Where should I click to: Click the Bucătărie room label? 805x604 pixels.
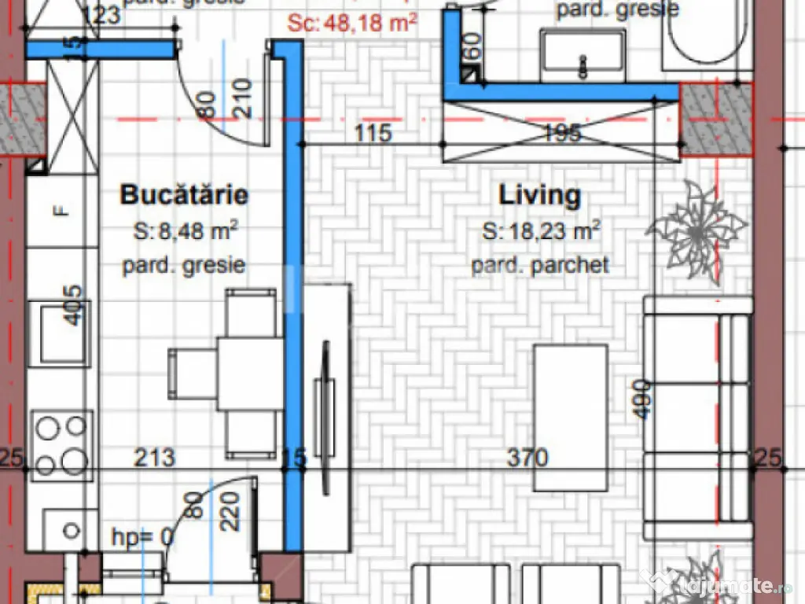pyautogui.click(x=184, y=195)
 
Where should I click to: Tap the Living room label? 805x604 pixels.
pyautogui.click(x=540, y=195)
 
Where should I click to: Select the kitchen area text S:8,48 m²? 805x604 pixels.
pyautogui.click(x=185, y=231)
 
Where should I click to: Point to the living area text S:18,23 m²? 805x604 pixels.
pyautogui.click(x=542, y=231)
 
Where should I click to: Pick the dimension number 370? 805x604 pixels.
pyautogui.click(x=527, y=457)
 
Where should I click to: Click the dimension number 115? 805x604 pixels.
pyautogui.click(x=373, y=132)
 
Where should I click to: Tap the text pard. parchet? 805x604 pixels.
pyautogui.click(x=540, y=266)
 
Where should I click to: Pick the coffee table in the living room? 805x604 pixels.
pyautogui.click(x=570, y=417)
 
